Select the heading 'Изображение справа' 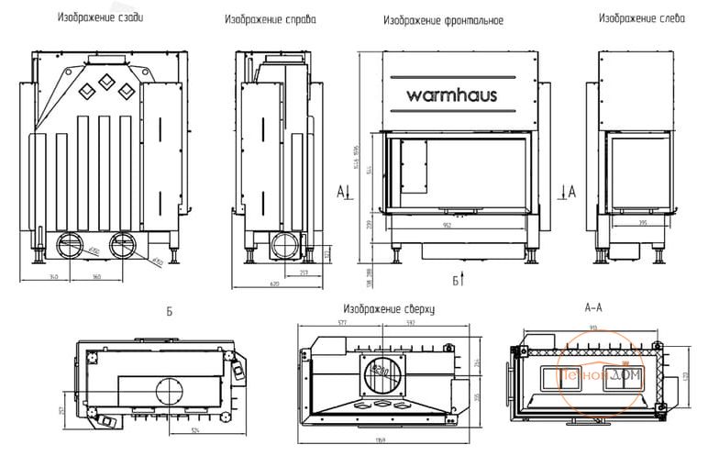coord(271,18)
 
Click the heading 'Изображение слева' coord(642,17)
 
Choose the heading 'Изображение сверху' coord(389,309)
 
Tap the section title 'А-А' coord(592,309)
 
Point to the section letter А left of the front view coord(340,191)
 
